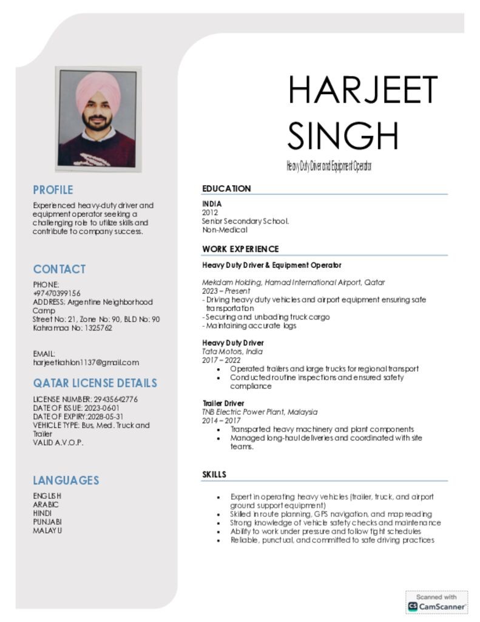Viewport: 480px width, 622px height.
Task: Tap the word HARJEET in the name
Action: tap(362, 90)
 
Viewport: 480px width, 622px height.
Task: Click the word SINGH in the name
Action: tap(343, 135)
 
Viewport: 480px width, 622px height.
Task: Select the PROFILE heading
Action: tap(53, 190)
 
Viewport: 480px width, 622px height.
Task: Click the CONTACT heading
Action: tap(59, 268)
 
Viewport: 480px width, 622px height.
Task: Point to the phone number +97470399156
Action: tap(56, 293)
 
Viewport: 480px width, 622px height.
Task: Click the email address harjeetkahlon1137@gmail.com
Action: tap(86, 362)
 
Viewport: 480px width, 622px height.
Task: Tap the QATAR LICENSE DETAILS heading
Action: tap(95, 383)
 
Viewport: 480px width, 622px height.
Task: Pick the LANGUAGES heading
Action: tap(66, 480)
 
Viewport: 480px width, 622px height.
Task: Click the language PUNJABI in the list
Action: tap(47, 521)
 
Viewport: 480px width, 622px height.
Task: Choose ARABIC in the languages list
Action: tap(46, 504)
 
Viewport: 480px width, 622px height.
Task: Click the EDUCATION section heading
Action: tap(226, 188)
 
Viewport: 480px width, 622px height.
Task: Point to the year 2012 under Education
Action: tap(210, 213)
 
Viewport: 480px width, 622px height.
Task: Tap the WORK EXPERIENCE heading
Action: tap(240, 249)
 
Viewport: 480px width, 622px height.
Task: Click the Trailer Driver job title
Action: tap(223, 403)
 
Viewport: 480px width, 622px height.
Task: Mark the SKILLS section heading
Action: tap(214, 474)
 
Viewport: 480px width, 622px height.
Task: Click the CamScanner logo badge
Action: tap(436, 601)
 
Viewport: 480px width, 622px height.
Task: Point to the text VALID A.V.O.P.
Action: tap(58, 442)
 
